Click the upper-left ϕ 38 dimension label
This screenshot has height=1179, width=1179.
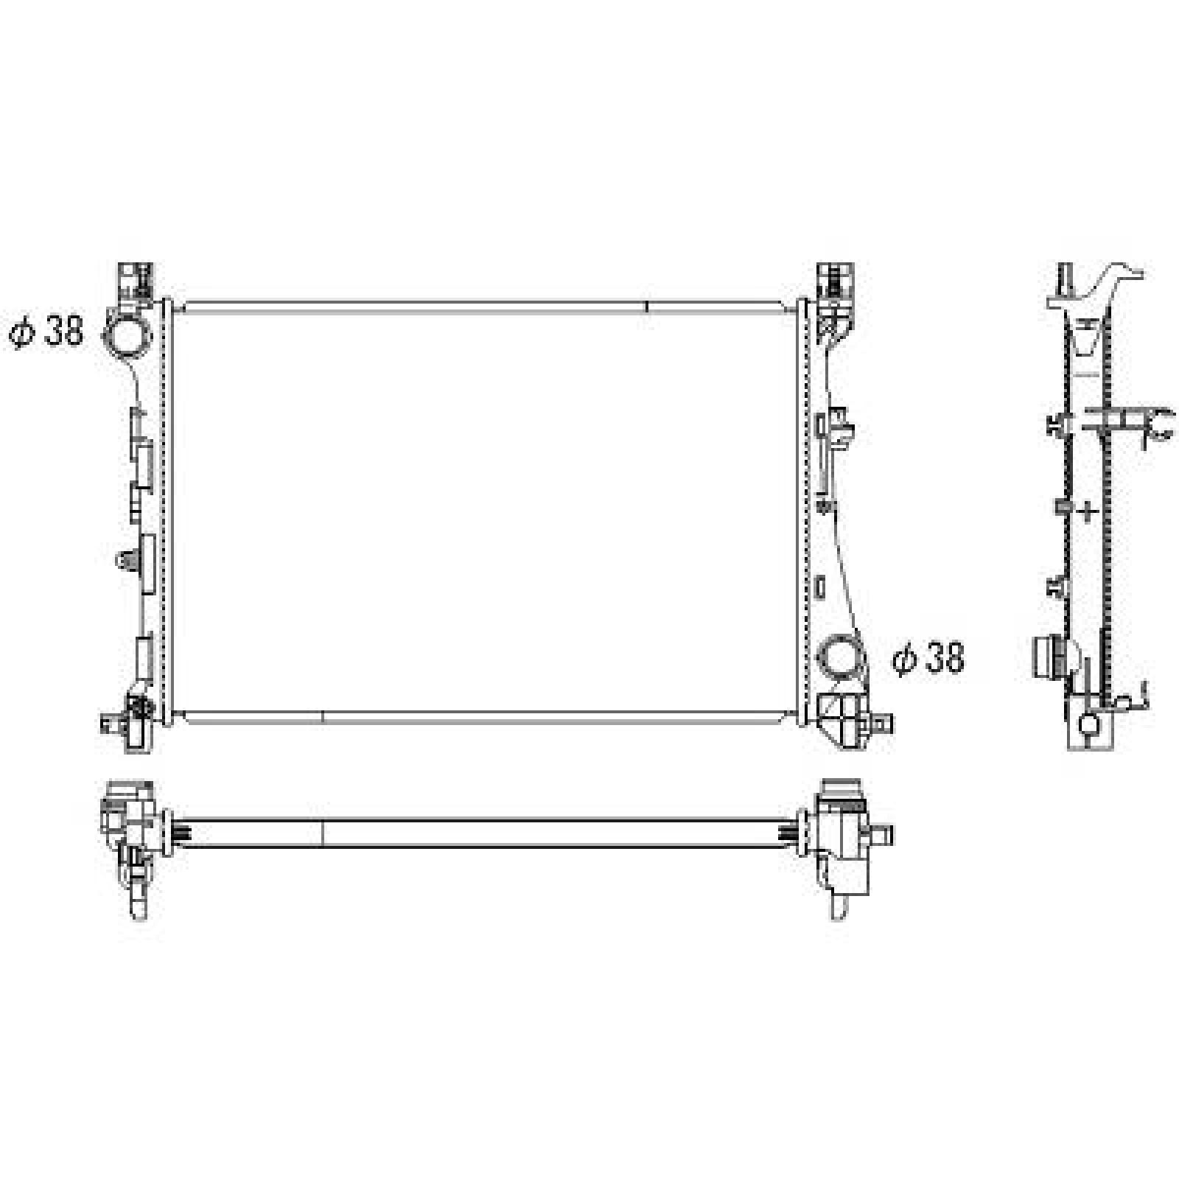pyautogui.click(x=46, y=332)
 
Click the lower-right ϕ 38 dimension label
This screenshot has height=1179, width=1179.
pyautogui.click(x=928, y=657)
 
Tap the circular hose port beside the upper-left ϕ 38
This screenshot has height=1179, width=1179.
pyautogui.click(x=125, y=335)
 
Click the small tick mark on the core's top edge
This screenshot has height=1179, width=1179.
pyautogui.click(x=647, y=306)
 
